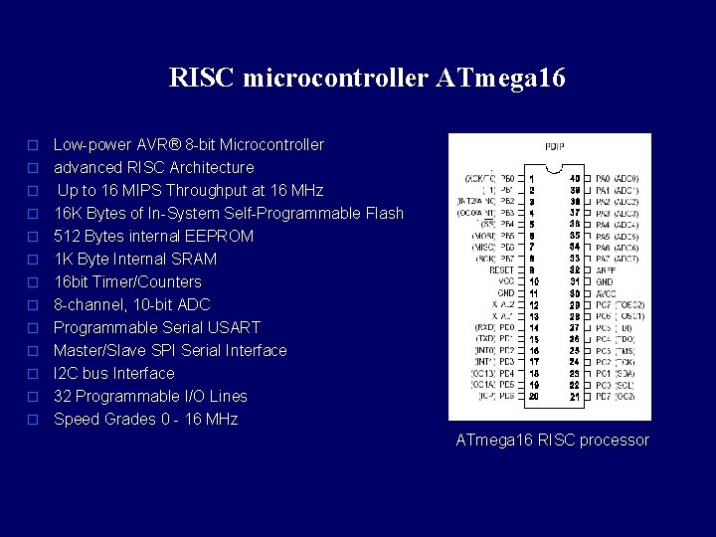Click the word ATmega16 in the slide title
point(500,78)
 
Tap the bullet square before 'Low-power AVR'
point(33,145)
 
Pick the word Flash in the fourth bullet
point(382,213)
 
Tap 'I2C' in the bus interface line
point(67,373)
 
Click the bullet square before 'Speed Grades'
point(33,420)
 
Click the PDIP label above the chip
point(554,147)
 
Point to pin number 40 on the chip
point(574,179)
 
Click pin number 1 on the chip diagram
point(532,179)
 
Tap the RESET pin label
point(501,269)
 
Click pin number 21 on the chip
point(574,397)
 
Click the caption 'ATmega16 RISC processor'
point(552,440)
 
